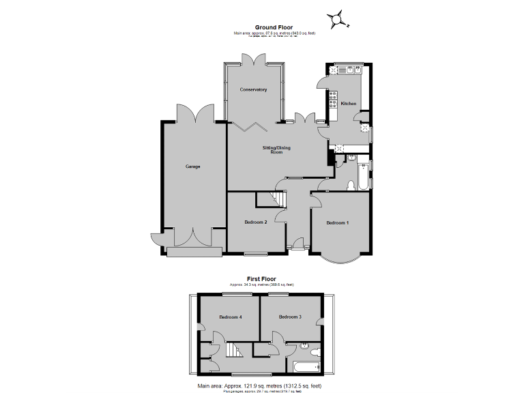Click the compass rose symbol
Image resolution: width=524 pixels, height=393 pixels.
coord(336,19)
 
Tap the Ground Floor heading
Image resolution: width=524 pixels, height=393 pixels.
coord(265,28)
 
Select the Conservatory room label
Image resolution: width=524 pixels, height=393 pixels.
coord(253,90)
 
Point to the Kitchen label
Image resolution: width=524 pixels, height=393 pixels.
coord(349,104)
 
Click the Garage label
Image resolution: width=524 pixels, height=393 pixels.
coord(193,166)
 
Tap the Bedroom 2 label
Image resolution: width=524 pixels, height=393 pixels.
coord(255,222)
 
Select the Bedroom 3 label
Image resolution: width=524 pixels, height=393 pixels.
coord(290,317)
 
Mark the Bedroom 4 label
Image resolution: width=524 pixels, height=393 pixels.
coord(231,317)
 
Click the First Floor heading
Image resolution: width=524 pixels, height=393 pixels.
coord(262,278)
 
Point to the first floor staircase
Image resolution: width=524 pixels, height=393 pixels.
coord(234,353)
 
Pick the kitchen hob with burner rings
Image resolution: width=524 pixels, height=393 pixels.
coord(333,100)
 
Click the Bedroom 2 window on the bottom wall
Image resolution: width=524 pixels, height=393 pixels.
coord(256,254)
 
